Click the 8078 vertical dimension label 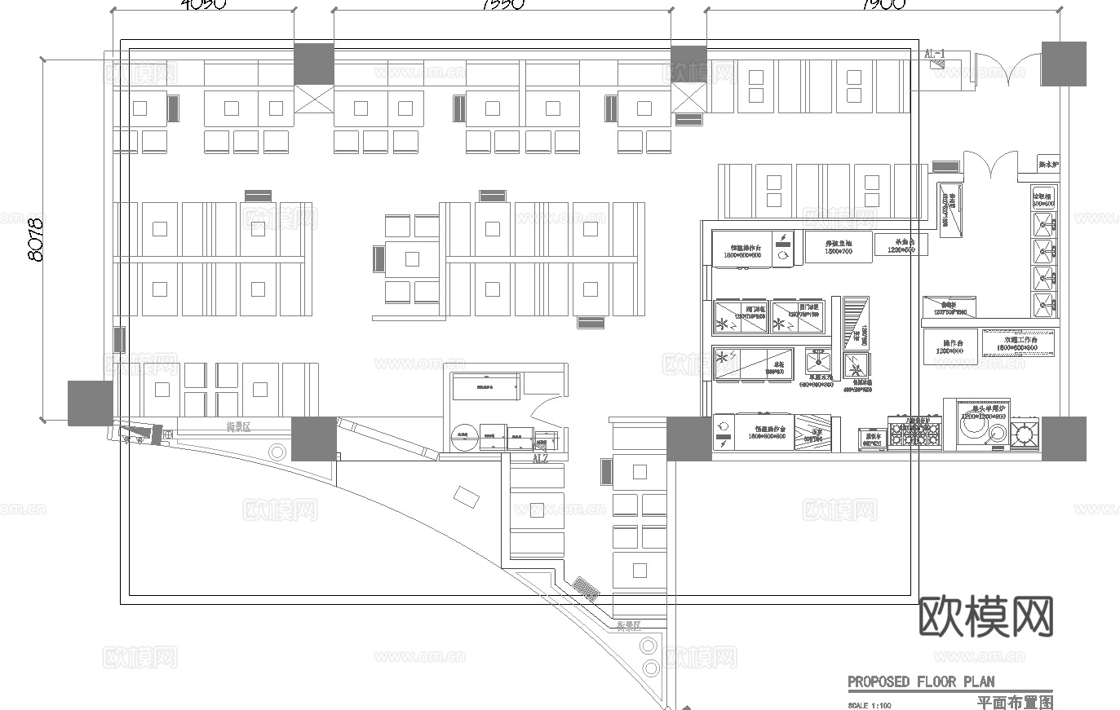click(35, 238)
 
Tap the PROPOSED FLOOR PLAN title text click(921, 681)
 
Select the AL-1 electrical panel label click(935, 54)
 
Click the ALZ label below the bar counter click(540, 459)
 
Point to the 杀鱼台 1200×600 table click(900, 245)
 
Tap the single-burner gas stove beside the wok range click(1025, 433)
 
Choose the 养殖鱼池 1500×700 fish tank click(838, 247)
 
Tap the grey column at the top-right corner click(1063, 64)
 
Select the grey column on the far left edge click(90, 403)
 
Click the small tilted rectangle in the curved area click(466, 496)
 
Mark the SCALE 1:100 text click(870, 705)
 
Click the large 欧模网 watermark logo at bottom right click(985, 616)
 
